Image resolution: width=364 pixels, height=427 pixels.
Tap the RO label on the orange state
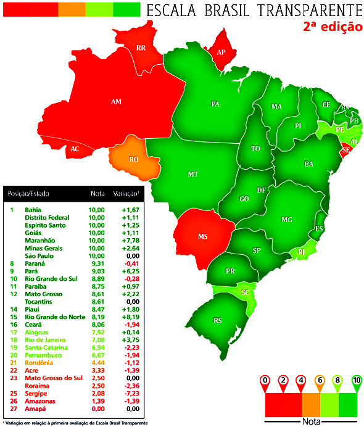click(133, 159)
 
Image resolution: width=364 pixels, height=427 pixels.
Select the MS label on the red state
click(202, 236)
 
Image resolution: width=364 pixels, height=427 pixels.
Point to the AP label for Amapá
click(221, 52)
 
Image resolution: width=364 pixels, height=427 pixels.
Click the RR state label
click(141, 48)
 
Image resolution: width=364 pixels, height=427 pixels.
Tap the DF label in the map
click(262, 190)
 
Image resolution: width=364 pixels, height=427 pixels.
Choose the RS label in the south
click(218, 320)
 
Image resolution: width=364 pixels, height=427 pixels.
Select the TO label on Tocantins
click(255, 149)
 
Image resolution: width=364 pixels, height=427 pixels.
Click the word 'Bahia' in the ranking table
click(33, 210)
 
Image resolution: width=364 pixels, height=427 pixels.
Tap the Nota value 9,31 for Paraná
click(97, 263)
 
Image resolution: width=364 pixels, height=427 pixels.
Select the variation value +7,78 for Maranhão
click(129, 241)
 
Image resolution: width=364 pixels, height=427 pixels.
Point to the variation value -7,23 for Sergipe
click(129, 393)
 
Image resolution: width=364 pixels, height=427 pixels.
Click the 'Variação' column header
click(126, 194)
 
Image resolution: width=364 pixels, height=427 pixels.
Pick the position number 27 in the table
click(12, 408)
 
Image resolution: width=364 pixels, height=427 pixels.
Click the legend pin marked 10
click(357, 381)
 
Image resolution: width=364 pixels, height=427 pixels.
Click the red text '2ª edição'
click(332, 28)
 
